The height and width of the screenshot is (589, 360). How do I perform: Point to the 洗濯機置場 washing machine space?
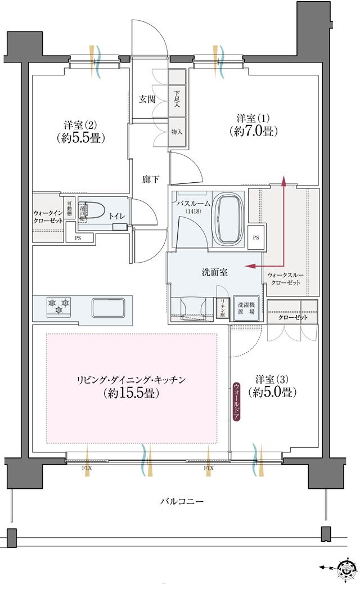[x=245, y=309]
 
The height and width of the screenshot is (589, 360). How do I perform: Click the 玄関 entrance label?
[x=147, y=99]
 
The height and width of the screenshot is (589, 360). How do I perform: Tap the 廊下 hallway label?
[x=150, y=179]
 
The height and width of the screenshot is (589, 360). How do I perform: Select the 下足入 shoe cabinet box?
[x=177, y=100]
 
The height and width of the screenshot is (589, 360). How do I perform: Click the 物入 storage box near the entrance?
[x=177, y=131]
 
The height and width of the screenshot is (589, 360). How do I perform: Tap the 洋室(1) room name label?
[x=253, y=118]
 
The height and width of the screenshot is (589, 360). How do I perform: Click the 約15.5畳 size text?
[x=131, y=393]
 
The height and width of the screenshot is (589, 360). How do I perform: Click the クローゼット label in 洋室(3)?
[x=293, y=318]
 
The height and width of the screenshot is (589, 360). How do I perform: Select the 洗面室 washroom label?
[x=214, y=272]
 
